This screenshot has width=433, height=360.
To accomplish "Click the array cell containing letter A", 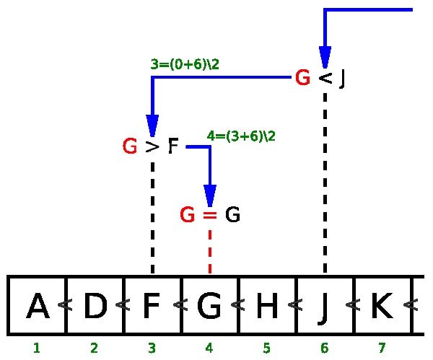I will pos(37,306).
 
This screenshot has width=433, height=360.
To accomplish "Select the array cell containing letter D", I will pos(95,306).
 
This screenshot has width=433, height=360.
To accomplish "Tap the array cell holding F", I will pos(152,306).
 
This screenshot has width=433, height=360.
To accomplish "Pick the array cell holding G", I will pos(209,306).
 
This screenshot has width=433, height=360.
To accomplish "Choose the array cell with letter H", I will pos(267,306).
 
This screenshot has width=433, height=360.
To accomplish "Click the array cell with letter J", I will pos(325,306).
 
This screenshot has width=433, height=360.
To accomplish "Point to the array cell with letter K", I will pos(381,306).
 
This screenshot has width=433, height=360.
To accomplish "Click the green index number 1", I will pos(36,348).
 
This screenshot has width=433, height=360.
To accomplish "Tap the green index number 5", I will pos(266,348).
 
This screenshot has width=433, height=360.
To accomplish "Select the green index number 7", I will pos(382,348).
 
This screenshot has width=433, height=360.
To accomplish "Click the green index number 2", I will pos(94,348).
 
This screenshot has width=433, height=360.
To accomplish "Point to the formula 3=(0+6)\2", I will pos(185,64).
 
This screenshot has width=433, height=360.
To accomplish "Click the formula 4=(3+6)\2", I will pos(241,136).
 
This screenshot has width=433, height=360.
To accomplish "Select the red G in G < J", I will pos(302,78).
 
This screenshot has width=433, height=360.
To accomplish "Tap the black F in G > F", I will pos(172,147).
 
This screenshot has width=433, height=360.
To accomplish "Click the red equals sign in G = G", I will pos(209,215).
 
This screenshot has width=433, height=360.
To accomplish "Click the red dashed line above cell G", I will pos(210,251).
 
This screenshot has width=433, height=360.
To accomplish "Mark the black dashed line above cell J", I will pos(325,180).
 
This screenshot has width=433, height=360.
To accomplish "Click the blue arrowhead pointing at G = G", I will pos(210,196).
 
